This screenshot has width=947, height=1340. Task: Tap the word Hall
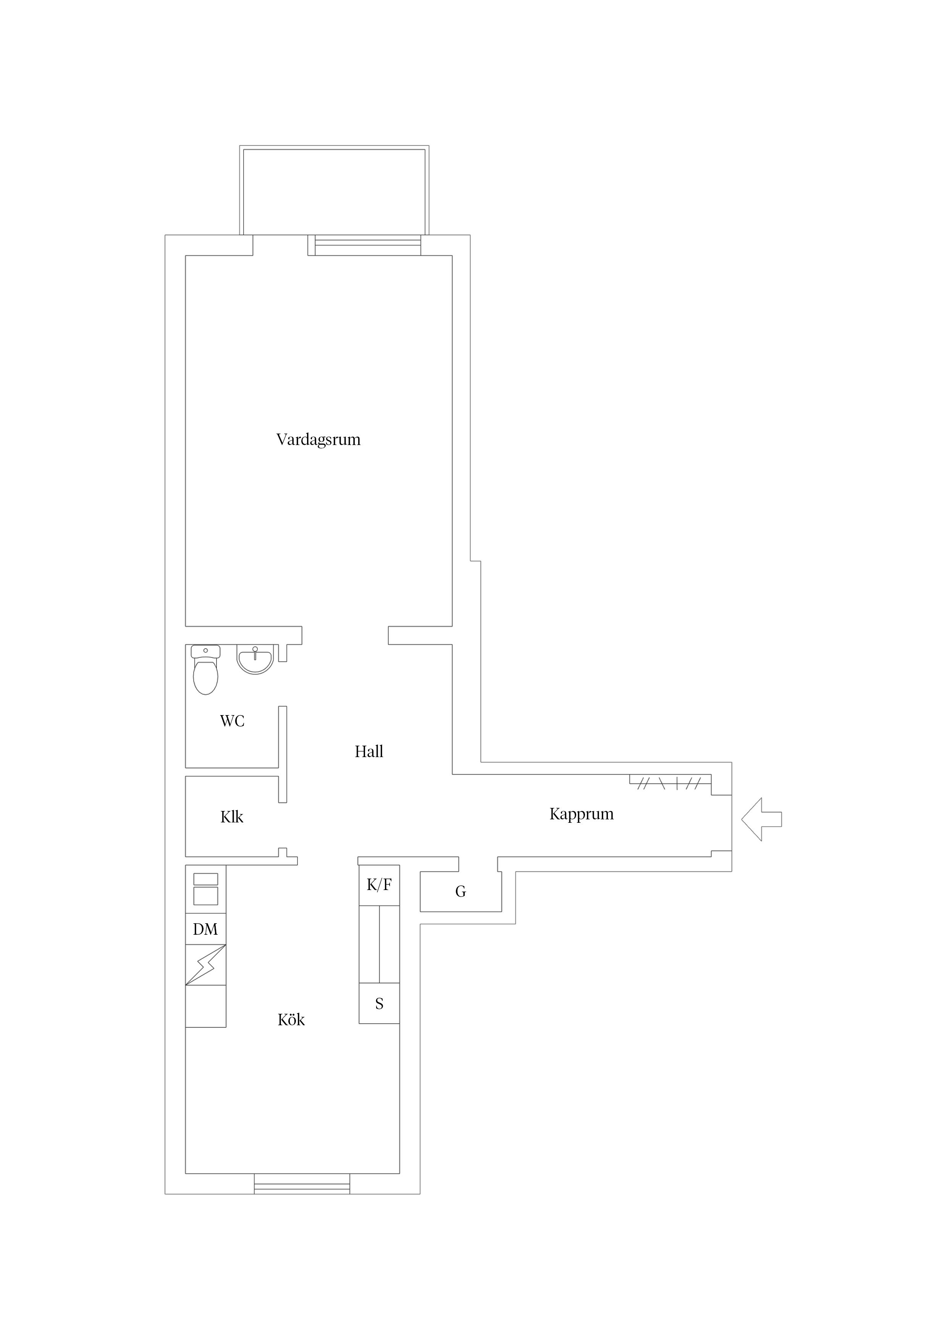(x=369, y=752)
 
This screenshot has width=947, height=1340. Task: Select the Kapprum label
(x=581, y=814)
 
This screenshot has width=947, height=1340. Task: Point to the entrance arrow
(x=760, y=819)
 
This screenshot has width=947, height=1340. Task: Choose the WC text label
(x=232, y=721)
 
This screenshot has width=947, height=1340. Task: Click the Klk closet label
(x=232, y=817)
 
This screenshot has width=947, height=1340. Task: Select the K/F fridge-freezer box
(x=379, y=885)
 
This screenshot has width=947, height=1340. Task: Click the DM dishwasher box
(x=205, y=929)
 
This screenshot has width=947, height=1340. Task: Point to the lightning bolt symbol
(x=205, y=965)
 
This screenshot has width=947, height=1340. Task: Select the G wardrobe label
(x=461, y=892)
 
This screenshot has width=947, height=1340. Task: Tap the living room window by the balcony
(x=367, y=245)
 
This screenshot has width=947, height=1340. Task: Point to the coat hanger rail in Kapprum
(x=670, y=783)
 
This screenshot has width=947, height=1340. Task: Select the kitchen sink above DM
(x=205, y=889)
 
